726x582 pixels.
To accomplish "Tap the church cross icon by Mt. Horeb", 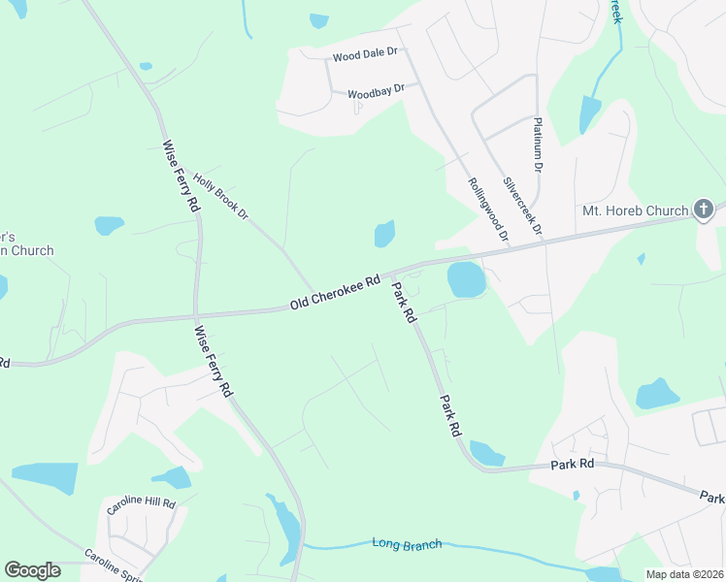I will point(704,209).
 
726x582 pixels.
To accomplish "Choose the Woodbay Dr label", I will point(375,92).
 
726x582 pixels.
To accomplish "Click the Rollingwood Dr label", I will point(488,208).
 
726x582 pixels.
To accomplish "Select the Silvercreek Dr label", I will point(522,207).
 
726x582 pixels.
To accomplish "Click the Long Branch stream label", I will point(407,543).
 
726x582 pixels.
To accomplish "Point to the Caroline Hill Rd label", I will point(140,504).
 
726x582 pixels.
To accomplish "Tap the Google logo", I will point(32,569).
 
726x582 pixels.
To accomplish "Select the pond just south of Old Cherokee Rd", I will point(465,280).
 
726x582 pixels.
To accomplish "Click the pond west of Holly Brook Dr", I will point(109,225).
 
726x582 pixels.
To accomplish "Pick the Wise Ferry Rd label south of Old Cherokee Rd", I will point(211,361).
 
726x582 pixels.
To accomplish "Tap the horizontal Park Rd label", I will point(572,466).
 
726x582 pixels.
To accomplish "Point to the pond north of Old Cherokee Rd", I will point(385,234).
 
